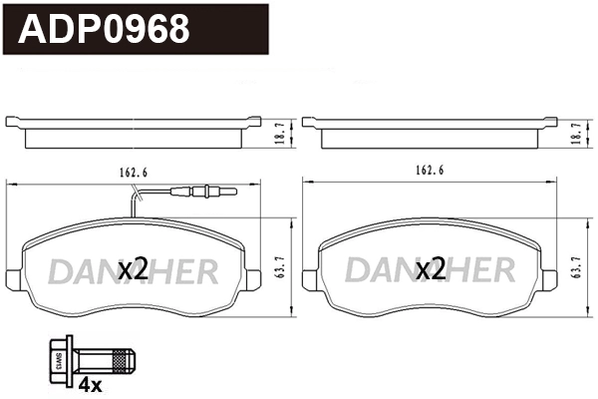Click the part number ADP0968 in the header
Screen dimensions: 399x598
click(105, 30)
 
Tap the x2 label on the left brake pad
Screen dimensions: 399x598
click(133, 268)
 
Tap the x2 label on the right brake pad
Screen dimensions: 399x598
click(430, 268)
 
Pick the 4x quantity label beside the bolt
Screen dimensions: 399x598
click(92, 383)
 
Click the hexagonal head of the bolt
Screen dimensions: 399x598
click(57, 356)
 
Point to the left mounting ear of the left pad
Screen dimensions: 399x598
click(14, 270)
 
